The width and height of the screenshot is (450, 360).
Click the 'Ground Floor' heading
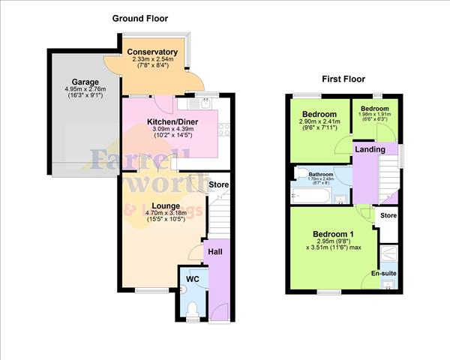[x=140, y=18]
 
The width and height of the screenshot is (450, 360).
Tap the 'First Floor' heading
[x=344, y=78]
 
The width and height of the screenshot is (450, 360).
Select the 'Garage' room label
[x=85, y=82]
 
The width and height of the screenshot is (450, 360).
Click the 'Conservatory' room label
[x=152, y=52]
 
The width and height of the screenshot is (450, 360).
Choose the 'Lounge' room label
[x=166, y=205]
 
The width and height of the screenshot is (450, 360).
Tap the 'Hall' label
[x=215, y=252]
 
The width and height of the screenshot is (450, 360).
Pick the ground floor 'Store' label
[x=218, y=184]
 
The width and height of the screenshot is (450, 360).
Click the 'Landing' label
[x=370, y=150]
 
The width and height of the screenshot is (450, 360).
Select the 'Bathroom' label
[x=321, y=173]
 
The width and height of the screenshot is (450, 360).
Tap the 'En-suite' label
[x=384, y=274]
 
